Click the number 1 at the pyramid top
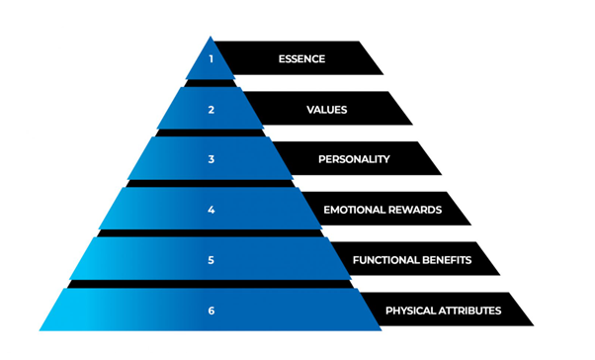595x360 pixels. pos(211,59)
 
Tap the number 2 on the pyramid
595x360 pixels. pos(211,110)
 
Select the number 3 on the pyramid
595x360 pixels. pos(211,159)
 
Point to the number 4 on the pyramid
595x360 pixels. pos(211,210)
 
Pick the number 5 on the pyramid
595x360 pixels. pos(211,260)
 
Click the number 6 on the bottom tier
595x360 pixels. pos(211,311)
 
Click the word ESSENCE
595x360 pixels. pos(301,59)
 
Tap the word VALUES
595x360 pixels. pos(328,110)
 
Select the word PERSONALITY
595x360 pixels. pos(354,159)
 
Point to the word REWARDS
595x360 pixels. pos(418,210)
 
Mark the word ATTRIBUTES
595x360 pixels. pos(471,311)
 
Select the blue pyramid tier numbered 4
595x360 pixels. pos(158,210)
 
